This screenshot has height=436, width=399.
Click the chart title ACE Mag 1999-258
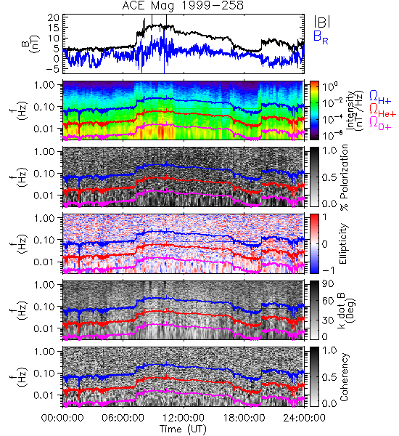point(183,6)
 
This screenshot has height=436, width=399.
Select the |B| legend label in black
point(322,21)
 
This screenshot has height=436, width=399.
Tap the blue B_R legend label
point(321,37)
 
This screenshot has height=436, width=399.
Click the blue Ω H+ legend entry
point(380,97)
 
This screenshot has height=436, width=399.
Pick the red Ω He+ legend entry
point(382,110)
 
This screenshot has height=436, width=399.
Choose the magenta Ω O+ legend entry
point(380,124)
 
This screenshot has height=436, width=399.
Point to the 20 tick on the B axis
point(53,18)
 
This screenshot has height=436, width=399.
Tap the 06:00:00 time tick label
point(123,419)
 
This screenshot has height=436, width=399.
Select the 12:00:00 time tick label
point(184,419)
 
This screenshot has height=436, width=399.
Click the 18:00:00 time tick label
point(244,419)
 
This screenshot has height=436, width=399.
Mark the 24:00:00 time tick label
point(304,419)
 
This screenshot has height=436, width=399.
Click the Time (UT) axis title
point(183,429)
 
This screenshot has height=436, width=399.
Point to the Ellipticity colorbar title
point(343,243)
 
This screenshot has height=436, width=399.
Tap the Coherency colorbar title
point(343,377)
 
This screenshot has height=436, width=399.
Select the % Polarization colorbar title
point(344,177)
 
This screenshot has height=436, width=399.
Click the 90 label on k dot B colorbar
point(328,284)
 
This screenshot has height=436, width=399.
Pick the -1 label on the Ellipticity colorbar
point(328,270)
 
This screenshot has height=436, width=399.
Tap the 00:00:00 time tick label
point(62,419)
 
